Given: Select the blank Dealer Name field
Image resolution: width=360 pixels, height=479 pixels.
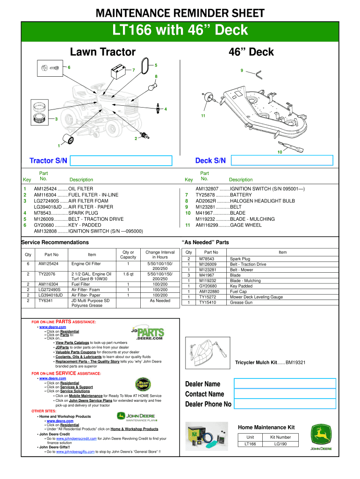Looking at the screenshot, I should (x=284, y=384).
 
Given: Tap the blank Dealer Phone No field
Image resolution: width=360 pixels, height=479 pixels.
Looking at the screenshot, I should (x=284, y=404).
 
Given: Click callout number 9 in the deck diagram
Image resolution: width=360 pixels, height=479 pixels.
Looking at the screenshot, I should (x=241, y=71).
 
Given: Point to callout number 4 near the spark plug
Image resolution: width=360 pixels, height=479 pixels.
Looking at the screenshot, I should (x=166, y=109).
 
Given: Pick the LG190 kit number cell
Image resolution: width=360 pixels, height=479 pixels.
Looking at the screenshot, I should (x=281, y=444).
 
